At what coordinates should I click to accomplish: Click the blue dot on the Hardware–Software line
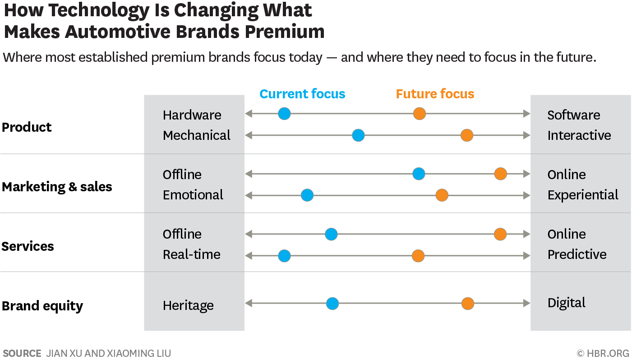click(284, 114)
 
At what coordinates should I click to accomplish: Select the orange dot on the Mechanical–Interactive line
click(466, 135)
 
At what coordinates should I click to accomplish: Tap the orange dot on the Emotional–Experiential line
click(442, 195)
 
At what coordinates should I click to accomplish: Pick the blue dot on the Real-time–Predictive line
click(284, 256)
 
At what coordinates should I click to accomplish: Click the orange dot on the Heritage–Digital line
click(468, 304)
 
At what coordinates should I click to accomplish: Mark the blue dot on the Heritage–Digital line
click(332, 304)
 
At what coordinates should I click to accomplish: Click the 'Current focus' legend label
click(302, 94)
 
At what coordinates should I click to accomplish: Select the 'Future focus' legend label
click(435, 94)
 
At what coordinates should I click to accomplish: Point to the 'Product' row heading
click(27, 127)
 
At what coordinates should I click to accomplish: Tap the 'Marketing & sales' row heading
click(57, 187)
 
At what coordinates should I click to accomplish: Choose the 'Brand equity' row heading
click(42, 306)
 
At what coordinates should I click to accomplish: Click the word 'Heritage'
click(188, 305)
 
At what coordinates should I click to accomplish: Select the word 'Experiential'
click(583, 195)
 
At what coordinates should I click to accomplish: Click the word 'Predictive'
click(577, 254)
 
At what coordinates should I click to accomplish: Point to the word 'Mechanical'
click(197, 135)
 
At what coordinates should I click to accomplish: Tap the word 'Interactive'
click(579, 135)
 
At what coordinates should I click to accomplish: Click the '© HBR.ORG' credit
click(603, 353)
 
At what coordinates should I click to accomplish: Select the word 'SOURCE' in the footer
click(22, 353)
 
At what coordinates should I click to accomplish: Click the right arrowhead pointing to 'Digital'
click(526, 304)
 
